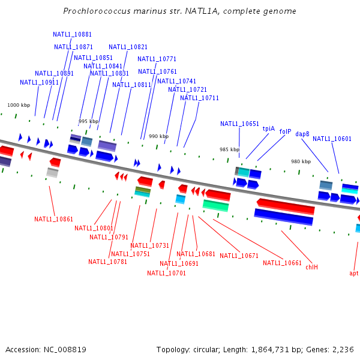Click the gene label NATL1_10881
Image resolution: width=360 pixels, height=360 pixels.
click(72, 35)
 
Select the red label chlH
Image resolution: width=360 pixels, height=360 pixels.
click(311, 267)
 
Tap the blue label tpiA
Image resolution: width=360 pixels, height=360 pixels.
click(268, 128)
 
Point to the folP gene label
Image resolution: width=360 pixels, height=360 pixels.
click(285, 131)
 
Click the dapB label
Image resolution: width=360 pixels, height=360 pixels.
click(302, 134)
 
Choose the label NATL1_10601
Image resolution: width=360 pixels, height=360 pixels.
click(332, 139)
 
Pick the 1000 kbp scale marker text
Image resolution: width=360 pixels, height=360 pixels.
click(18, 105)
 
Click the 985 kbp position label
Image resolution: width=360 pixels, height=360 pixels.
click(229, 149)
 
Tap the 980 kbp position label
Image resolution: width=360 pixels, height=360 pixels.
click(301, 161)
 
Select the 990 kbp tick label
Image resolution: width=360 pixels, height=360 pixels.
click(158, 136)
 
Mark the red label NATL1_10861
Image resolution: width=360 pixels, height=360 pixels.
click(53, 220)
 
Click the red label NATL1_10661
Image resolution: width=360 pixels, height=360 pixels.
click(282, 263)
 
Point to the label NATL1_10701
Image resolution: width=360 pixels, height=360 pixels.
click(166, 274)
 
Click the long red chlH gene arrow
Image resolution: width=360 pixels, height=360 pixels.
click(286, 206)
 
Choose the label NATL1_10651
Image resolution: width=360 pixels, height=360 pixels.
click(239, 124)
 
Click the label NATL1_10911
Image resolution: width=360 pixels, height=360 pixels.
click(39, 83)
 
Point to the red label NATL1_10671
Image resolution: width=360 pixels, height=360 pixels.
click(239, 256)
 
